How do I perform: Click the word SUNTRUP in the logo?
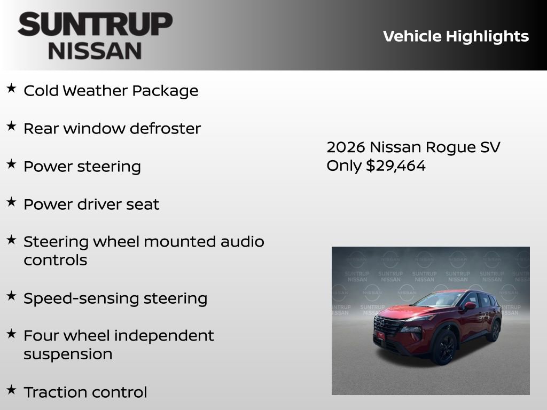point(95,25)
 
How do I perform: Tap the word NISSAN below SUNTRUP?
point(95,50)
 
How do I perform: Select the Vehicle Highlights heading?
point(456,36)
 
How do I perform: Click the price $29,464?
point(396,165)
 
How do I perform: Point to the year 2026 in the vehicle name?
point(346,147)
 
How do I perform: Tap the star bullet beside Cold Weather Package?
point(11,89)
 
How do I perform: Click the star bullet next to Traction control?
point(11,390)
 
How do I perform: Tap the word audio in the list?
point(243,242)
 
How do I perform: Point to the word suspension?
point(68,354)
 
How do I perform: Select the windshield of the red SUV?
point(438,299)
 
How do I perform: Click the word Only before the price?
point(344,165)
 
